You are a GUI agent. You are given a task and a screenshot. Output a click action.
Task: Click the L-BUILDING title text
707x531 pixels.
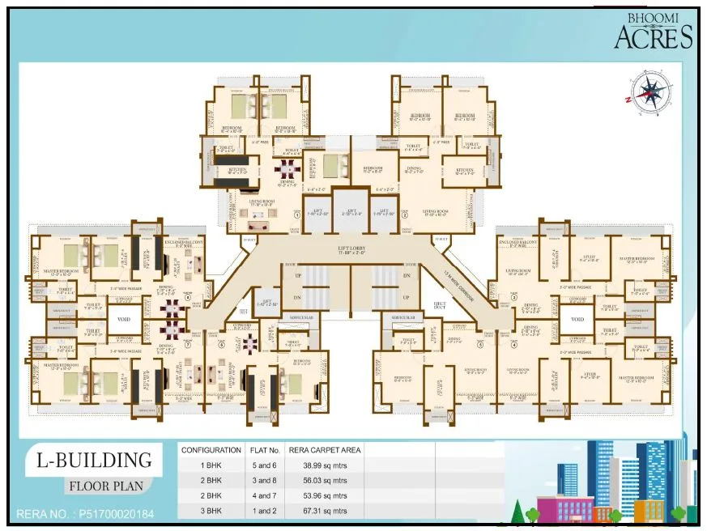pyautogui.click(x=93, y=461)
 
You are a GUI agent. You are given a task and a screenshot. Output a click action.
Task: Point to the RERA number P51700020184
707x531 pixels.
pyautogui.click(x=84, y=514)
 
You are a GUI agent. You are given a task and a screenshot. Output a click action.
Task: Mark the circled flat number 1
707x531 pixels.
pyautogui.click(x=297, y=216)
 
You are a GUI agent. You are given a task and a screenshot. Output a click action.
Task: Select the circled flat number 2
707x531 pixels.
pyautogui.click(x=404, y=216)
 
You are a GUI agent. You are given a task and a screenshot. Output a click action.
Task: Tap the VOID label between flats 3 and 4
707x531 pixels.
pyautogui.click(x=577, y=320)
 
